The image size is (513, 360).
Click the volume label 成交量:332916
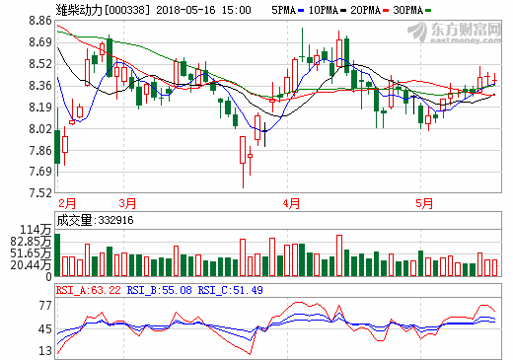point(94,220)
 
